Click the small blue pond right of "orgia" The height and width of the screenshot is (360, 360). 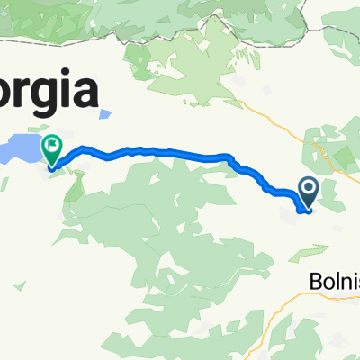click(105, 115)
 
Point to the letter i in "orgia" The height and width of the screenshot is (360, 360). click(66, 91)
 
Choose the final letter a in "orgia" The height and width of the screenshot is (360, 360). click(84, 93)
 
